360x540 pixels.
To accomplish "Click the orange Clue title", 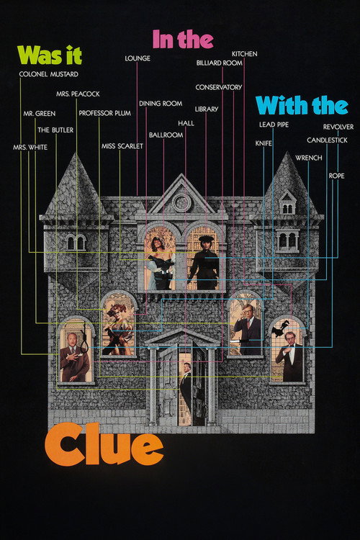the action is (x=104, y=445).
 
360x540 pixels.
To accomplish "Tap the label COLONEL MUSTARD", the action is (x=48, y=74).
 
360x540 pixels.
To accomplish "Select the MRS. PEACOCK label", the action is (x=78, y=94).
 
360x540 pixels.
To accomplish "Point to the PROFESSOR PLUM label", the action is (x=104, y=113).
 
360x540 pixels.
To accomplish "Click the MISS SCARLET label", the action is (x=122, y=146).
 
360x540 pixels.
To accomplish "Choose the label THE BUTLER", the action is (x=55, y=130).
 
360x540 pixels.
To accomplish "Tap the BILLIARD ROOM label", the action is (x=220, y=63).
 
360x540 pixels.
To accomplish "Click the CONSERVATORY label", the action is (x=219, y=87).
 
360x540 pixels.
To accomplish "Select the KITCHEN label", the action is (x=244, y=54).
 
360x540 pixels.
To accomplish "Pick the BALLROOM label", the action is (x=166, y=135).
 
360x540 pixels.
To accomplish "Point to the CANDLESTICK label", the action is (x=328, y=140).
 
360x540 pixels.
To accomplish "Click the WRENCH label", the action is (x=309, y=158).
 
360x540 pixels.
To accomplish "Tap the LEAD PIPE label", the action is (x=274, y=125).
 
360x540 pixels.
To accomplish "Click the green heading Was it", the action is (x=50, y=55).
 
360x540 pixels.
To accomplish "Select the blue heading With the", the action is (x=302, y=105).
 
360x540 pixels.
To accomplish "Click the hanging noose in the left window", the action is (x=84, y=339).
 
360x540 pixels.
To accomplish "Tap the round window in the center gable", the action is (x=181, y=202).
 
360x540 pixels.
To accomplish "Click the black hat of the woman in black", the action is (x=206, y=238).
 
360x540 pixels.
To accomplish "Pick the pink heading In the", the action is (x=183, y=40).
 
